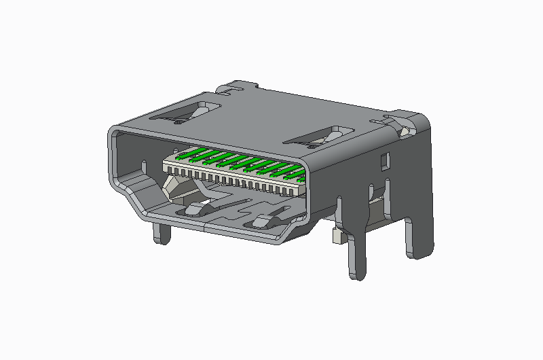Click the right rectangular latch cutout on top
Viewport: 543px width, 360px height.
[322, 137]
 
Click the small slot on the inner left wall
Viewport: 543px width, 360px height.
[144, 164]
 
